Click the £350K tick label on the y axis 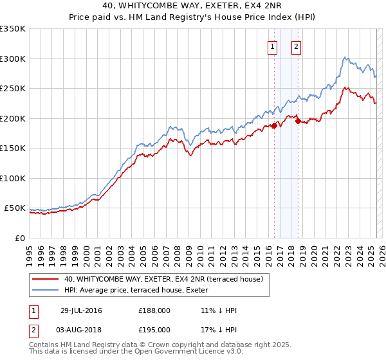(13, 29)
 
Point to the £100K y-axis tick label (13, 178)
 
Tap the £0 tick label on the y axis (21, 238)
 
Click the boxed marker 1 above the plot (272, 46)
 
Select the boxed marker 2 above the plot (296, 46)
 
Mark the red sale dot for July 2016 (274, 126)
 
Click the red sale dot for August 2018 (297, 121)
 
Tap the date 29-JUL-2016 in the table (80, 310)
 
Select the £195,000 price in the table (154, 330)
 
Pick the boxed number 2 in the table (33, 330)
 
